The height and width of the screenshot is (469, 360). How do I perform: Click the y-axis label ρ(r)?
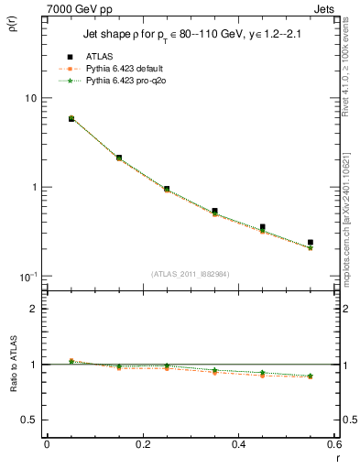click(x=13, y=25)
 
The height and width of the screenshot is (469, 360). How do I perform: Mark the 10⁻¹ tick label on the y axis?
click(x=27, y=276)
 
